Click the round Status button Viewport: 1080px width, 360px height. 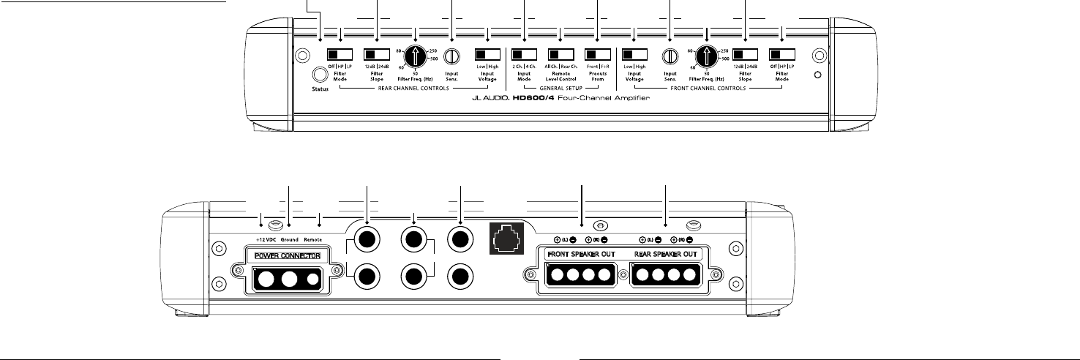click(x=319, y=75)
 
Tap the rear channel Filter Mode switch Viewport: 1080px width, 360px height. click(x=340, y=55)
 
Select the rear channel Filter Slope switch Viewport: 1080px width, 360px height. click(x=377, y=55)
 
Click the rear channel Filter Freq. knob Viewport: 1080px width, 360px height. click(x=415, y=56)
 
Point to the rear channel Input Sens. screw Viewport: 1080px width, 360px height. click(x=451, y=56)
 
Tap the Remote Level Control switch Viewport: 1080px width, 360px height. click(x=560, y=55)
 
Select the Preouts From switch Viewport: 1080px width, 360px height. click(x=597, y=55)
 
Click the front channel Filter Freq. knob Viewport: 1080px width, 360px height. click(x=707, y=56)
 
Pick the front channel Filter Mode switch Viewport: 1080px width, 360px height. click(x=781, y=55)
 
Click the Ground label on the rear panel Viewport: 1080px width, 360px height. click(x=291, y=239)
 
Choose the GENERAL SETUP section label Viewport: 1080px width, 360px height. click(x=560, y=88)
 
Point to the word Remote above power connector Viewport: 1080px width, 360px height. click(x=318, y=239)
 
